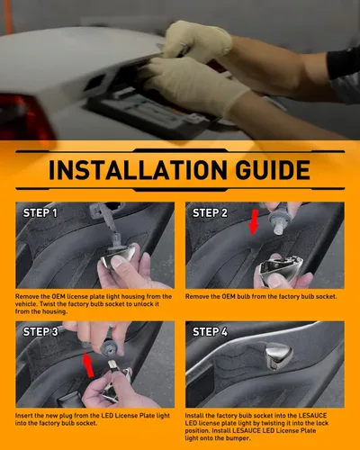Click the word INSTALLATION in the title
point(138,170)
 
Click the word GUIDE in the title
point(273,170)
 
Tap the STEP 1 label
point(40,212)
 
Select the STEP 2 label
point(210,212)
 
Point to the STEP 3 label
point(40,331)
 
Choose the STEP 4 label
point(210,331)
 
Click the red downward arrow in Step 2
point(254,222)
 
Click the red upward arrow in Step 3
point(88,364)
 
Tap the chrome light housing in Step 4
point(278,355)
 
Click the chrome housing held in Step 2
point(280,268)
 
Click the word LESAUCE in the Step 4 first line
point(312,416)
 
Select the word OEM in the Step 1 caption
point(58,296)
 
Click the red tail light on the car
point(25,115)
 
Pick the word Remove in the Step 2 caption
point(196,296)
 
